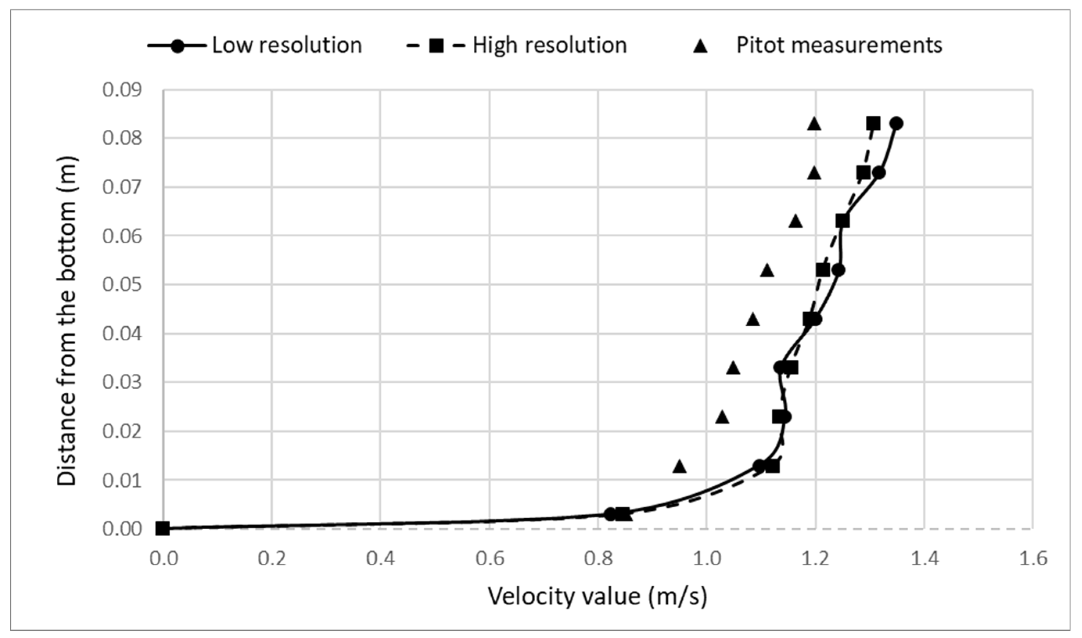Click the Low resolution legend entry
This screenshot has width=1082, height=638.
click(287, 45)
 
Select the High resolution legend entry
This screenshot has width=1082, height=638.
click(549, 45)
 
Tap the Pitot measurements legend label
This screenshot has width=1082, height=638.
click(839, 45)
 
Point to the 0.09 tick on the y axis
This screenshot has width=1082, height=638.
click(122, 90)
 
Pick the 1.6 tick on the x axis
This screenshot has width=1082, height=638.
click(1032, 559)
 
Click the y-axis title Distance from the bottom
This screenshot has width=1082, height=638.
click(67, 321)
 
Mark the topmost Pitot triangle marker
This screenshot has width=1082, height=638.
click(814, 124)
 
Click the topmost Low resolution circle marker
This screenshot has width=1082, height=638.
click(896, 124)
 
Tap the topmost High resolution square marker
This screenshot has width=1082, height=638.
click(873, 124)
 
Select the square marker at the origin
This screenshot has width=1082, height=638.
click(163, 528)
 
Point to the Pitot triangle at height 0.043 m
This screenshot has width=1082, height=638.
click(753, 320)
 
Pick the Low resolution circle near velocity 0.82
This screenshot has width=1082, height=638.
click(610, 514)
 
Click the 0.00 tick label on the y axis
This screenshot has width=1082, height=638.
click(122, 529)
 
